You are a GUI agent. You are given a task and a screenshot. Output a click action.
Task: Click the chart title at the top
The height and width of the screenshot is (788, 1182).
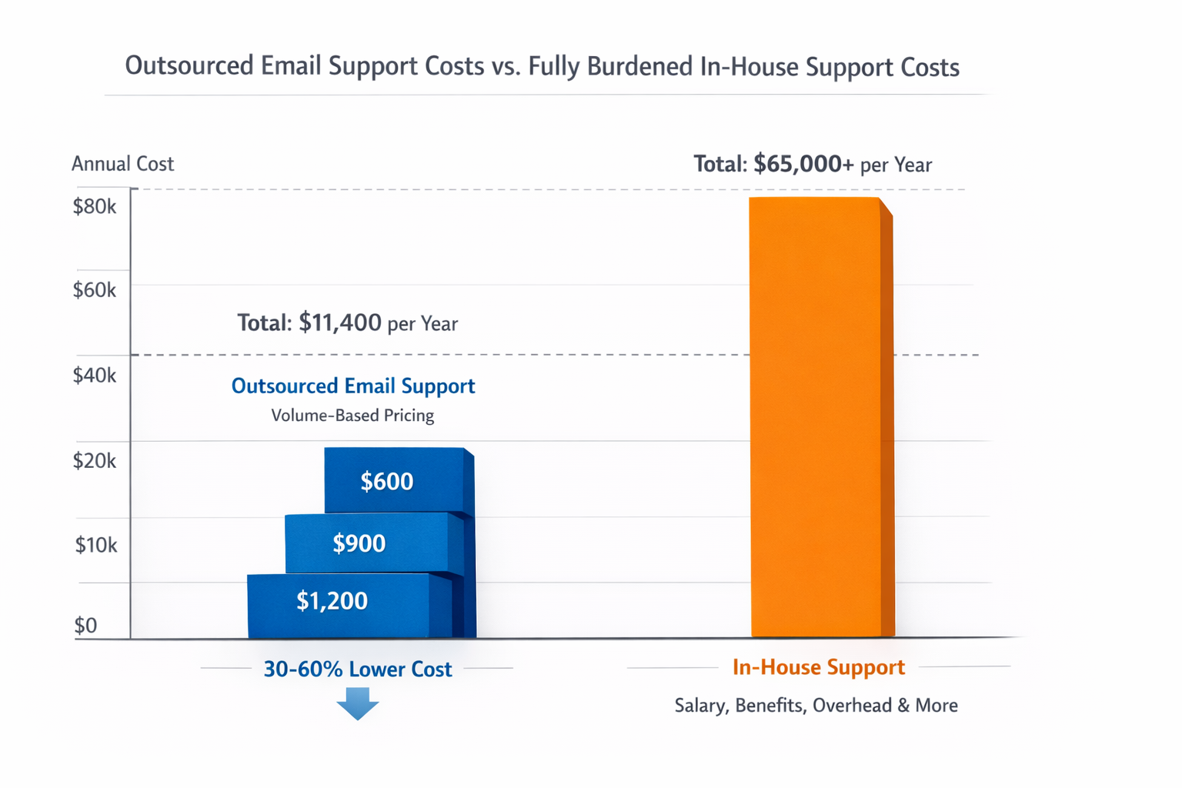click(542, 67)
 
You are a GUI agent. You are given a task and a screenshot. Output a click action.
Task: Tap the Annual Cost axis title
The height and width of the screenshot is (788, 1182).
click(122, 164)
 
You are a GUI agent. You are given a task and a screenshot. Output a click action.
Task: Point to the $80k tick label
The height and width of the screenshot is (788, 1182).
click(94, 206)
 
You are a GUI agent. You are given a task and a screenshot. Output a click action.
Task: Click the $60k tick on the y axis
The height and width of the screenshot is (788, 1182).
click(94, 290)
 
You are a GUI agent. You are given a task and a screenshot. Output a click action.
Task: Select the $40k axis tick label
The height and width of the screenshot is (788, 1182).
click(94, 376)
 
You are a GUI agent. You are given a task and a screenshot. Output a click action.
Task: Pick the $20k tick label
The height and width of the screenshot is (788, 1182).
click(94, 461)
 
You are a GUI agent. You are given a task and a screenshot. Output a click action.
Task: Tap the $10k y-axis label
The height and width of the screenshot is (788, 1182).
click(95, 546)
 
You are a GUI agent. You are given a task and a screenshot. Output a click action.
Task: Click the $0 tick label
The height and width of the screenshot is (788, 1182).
click(85, 626)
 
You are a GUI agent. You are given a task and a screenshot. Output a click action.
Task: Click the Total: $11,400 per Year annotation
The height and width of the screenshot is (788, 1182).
click(347, 323)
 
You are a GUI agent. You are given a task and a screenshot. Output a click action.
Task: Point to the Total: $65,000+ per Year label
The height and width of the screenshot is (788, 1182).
click(812, 165)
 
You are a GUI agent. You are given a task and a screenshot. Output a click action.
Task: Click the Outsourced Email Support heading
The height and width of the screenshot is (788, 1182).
click(353, 386)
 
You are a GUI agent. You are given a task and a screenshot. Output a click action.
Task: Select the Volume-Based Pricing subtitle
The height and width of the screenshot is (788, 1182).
click(352, 416)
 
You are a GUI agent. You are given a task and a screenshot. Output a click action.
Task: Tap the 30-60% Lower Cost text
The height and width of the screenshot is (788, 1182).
click(357, 669)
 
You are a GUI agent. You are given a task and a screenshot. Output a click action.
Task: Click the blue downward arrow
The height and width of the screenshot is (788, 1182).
click(357, 703)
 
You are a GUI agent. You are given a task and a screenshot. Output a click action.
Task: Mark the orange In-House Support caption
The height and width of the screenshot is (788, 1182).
click(818, 667)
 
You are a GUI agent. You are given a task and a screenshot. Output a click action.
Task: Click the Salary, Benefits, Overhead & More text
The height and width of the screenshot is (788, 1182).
click(816, 706)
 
